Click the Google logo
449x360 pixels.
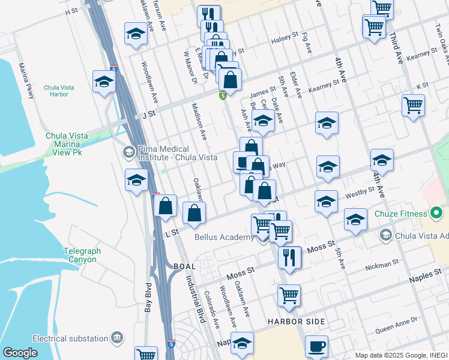point(20,353)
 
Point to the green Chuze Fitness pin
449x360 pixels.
point(436,213)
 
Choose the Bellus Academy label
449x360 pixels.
point(224,237)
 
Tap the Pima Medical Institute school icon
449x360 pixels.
point(128,152)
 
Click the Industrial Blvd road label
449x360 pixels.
point(194,300)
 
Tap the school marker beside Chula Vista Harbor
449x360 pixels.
point(104,82)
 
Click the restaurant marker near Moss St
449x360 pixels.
point(289,257)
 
